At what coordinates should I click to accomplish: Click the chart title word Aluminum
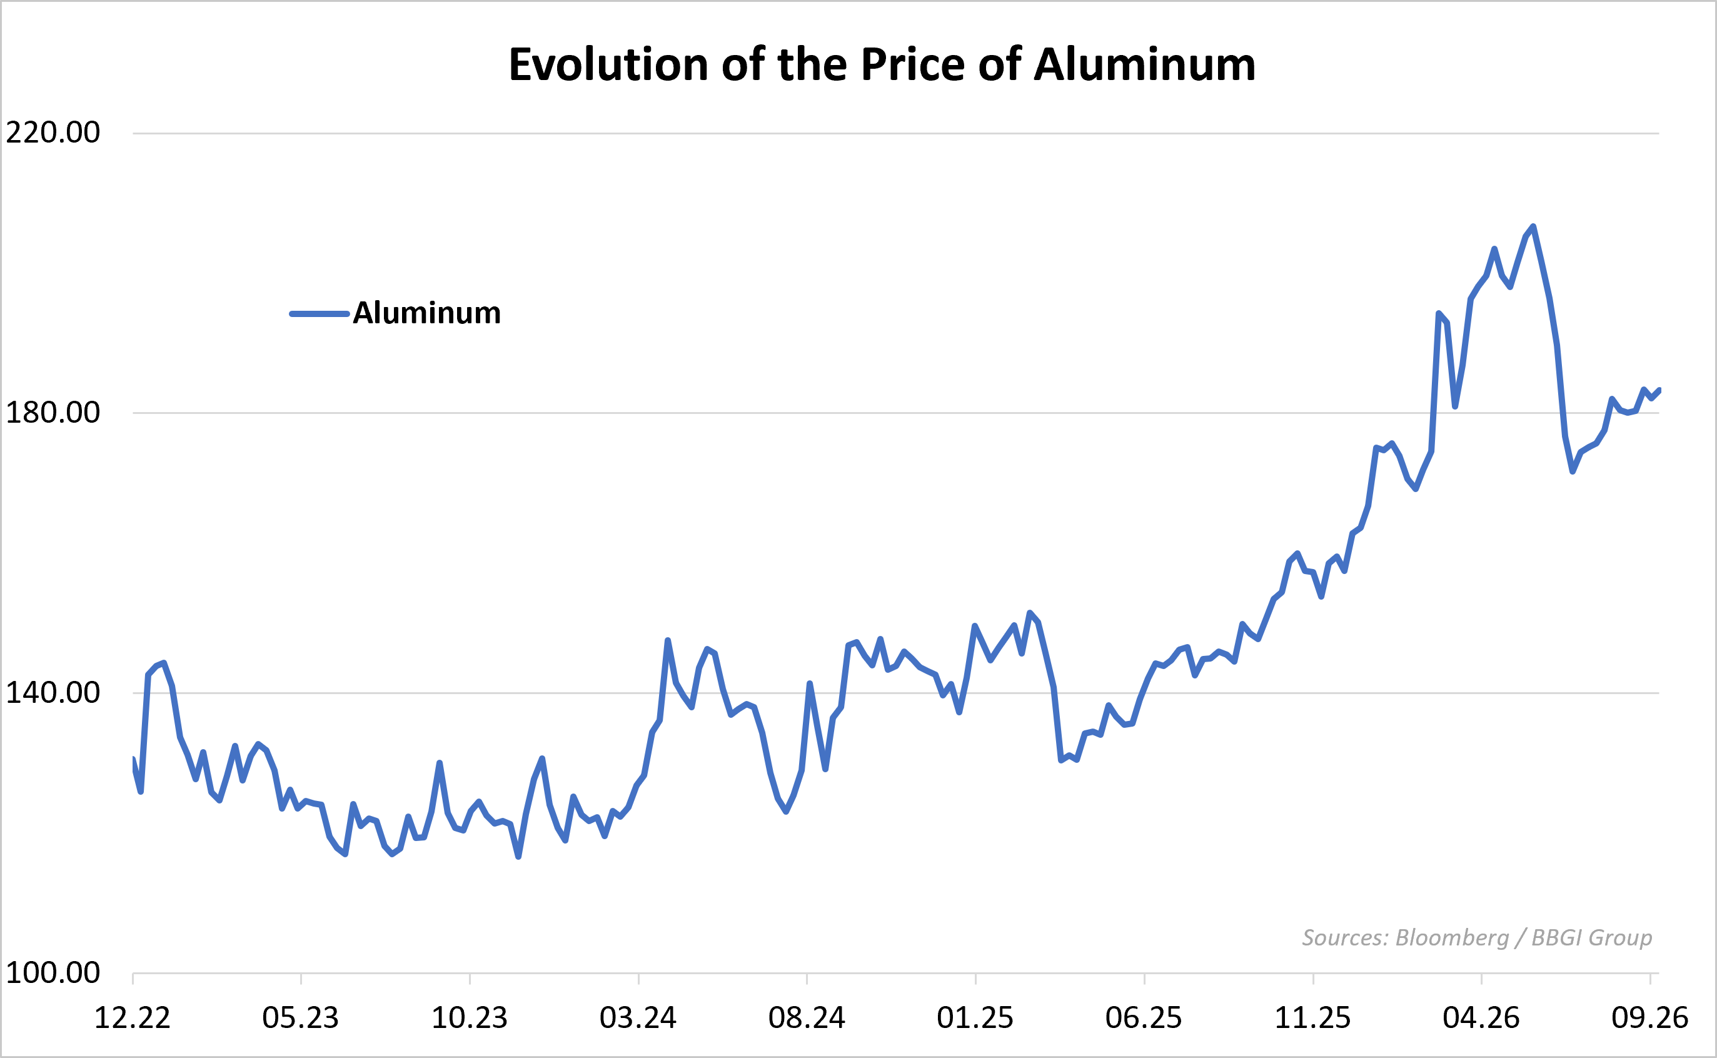1145,64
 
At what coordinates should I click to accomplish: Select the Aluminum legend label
427,313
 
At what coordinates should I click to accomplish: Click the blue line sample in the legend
320,313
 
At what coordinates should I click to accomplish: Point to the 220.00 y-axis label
53,133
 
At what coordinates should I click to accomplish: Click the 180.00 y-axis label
53,412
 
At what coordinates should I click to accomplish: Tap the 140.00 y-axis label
53,693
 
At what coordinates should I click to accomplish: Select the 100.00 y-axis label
53,972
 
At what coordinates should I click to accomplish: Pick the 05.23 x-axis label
300,1018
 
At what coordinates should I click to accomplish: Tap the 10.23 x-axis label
470,1018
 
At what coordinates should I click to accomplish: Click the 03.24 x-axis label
638,1018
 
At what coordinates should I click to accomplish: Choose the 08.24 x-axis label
807,1018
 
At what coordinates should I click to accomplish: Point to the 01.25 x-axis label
975,1018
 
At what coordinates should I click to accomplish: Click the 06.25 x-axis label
1144,1018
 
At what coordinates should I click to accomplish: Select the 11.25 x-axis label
1312,1018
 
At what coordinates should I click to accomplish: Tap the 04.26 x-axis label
1481,1018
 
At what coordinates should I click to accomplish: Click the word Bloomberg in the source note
1452,938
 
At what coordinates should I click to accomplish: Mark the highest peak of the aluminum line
1533,226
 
